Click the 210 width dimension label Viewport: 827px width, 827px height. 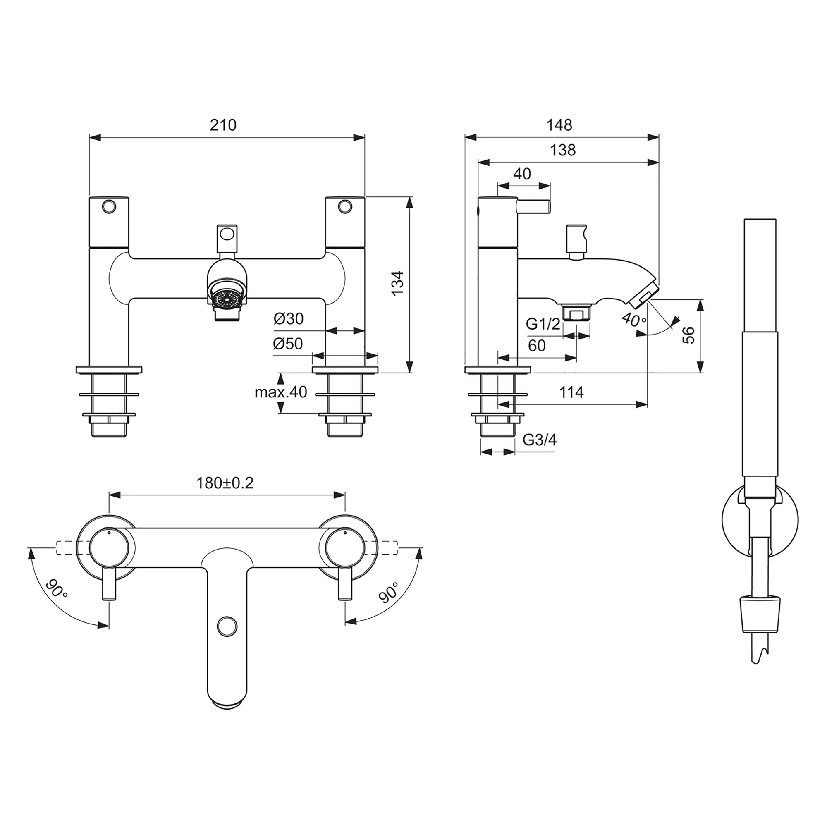(223, 125)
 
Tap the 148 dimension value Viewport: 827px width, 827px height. (559, 125)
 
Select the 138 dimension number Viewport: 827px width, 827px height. (562, 150)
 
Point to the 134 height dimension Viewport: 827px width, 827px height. (398, 282)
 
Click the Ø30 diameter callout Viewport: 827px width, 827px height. (289, 318)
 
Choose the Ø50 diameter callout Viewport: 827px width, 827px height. (288, 344)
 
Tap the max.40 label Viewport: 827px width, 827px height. (281, 392)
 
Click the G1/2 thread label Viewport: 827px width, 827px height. (543, 324)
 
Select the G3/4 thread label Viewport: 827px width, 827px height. (540, 440)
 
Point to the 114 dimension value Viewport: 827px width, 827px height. (571, 392)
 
